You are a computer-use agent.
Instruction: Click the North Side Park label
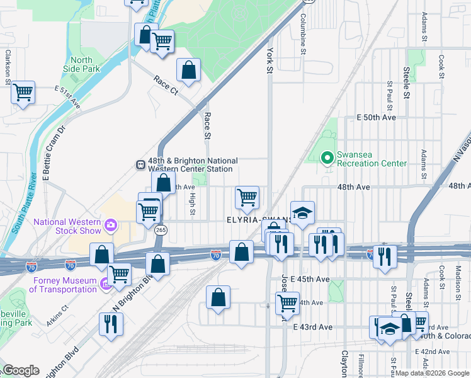pyautogui.click(x=82, y=64)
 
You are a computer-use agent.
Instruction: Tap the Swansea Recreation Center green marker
pyautogui.click(x=327, y=157)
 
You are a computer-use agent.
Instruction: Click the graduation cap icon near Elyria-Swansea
pyautogui.click(x=302, y=213)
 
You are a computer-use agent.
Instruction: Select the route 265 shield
pyautogui.click(x=161, y=231)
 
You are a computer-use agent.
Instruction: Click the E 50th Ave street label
pyautogui.click(x=376, y=118)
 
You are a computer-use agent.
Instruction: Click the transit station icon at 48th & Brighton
pyautogui.click(x=140, y=164)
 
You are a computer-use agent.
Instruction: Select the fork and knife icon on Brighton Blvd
pyautogui.click(x=111, y=324)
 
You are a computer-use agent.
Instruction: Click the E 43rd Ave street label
pyautogui.click(x=312, y=327)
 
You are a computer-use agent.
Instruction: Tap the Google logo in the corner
pyautogui.click(x=21, y=370)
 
